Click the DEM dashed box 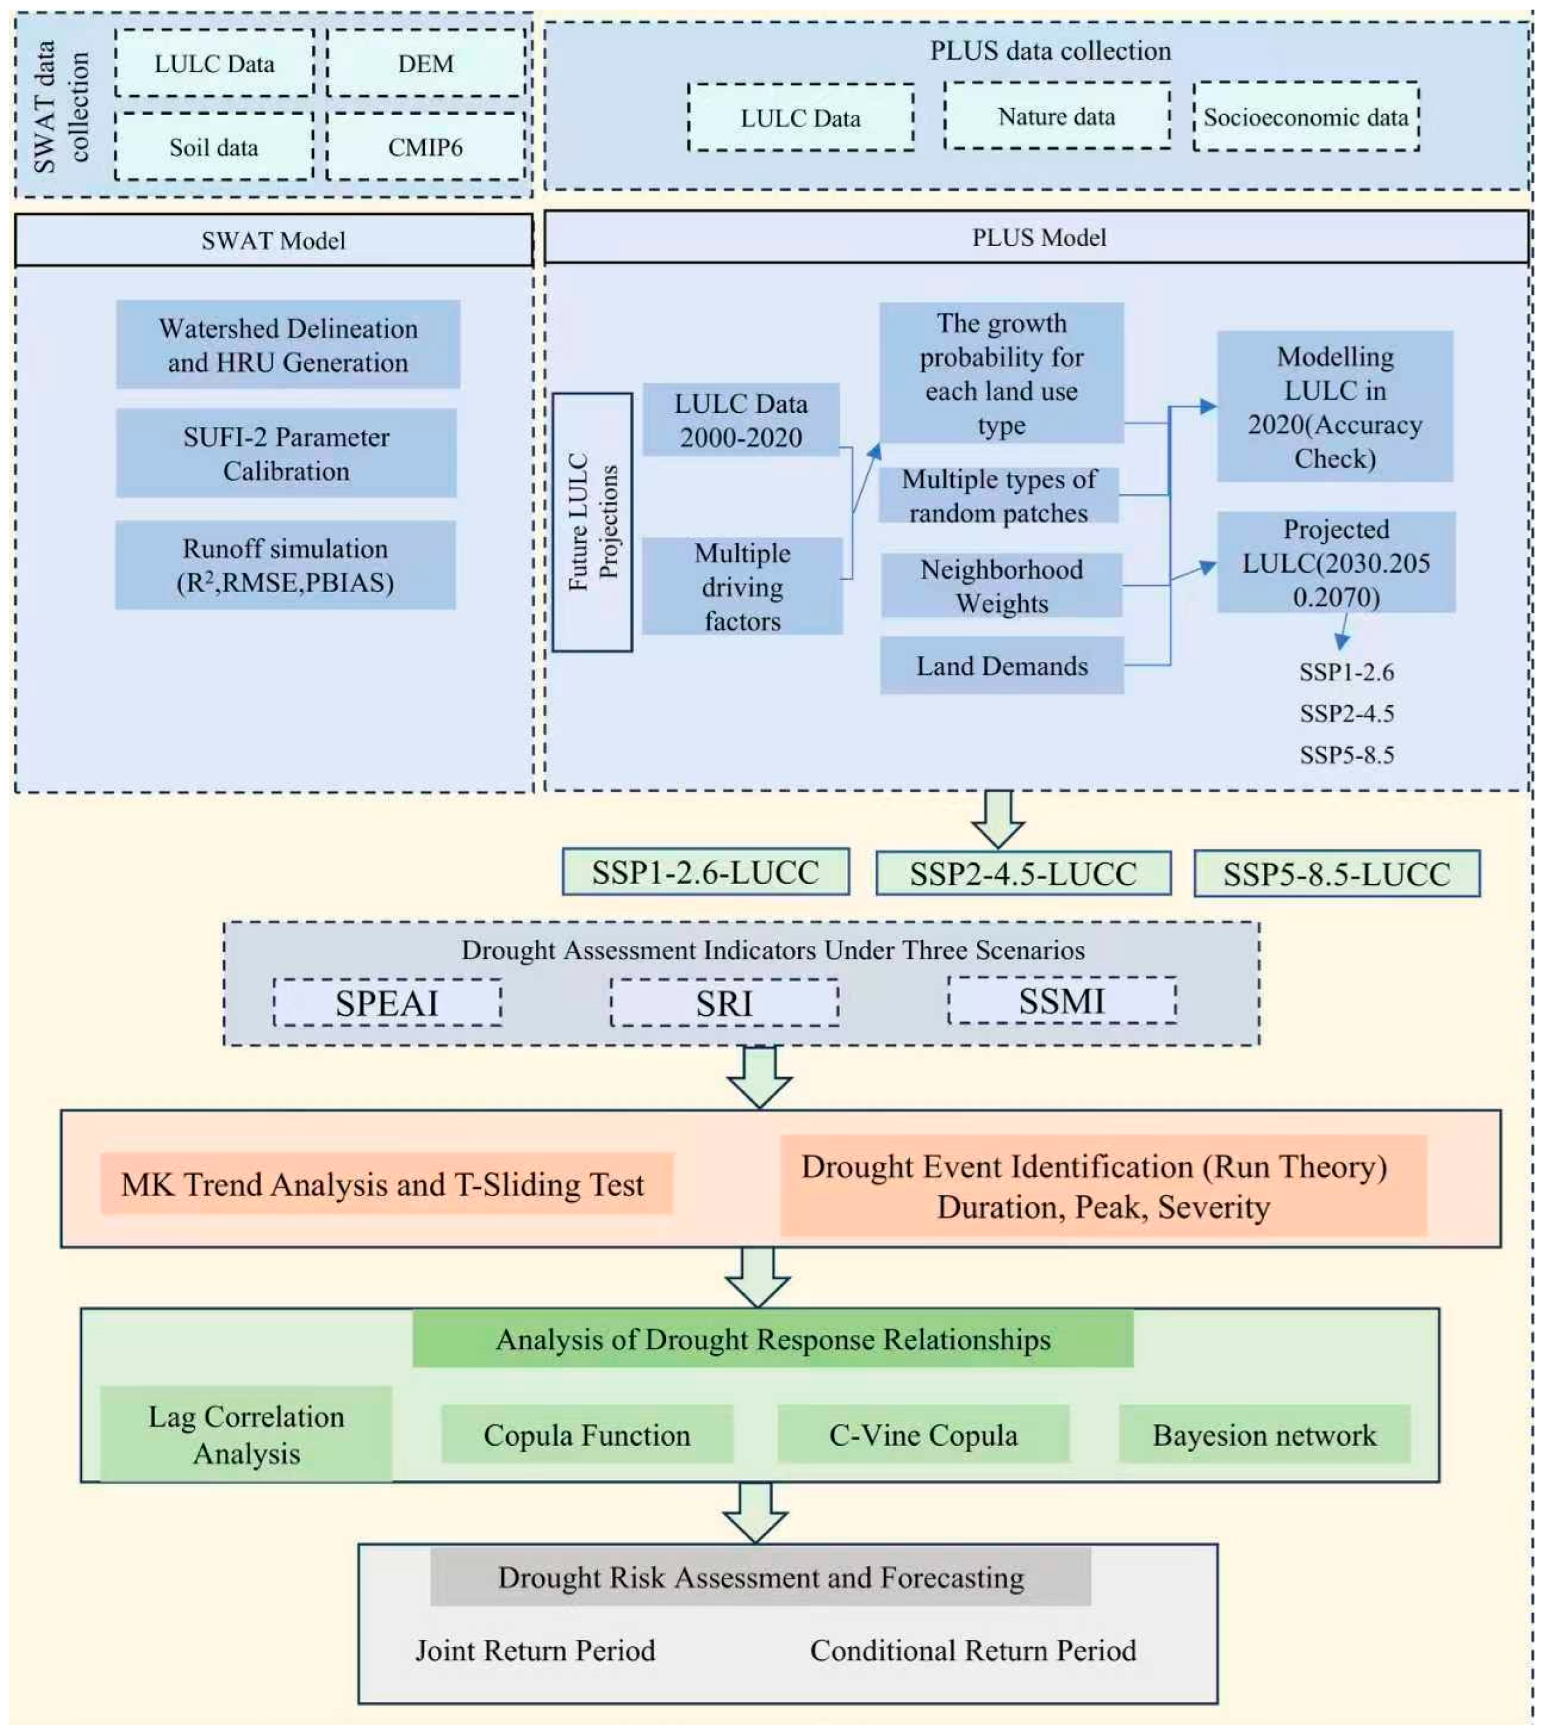(x=426, y=63)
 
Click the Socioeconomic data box (x=1306, y=117)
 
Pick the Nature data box (x=1057, y=116)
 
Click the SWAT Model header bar (x=273, y=240)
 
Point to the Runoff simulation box (x=286, y=565)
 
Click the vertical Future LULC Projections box (x=592, y=522)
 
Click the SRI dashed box (x=724, y=1003)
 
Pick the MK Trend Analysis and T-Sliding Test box (x=386, y=1184)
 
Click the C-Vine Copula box (x=923, y=1435)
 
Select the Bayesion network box (x=1264, y=1435)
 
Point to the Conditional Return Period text (x=973, y=1650)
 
